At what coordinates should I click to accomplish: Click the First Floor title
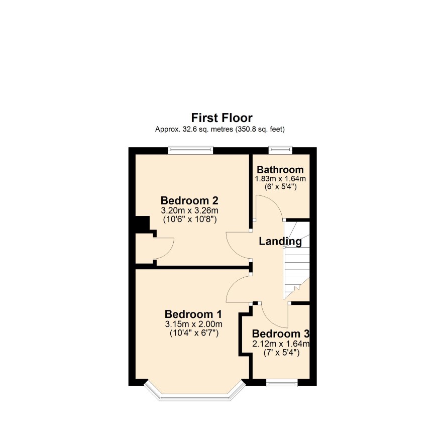click(x=221, y=118)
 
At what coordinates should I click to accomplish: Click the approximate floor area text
click(x=220, y=130)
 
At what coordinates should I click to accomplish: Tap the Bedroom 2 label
click(x=189, y=200)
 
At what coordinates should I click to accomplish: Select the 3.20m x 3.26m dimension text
click(x=189, y=210)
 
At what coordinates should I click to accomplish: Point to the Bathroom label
click(x=280, y=170)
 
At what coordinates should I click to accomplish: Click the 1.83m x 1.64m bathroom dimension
click(x=280, y=179)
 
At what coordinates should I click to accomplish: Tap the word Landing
click(x=280, y=242)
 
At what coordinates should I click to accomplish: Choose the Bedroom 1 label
click(x=193, y=314)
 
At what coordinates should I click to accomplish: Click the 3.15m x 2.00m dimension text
click(x=193, y=324)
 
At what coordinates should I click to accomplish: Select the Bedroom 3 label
click(x=280, y=333)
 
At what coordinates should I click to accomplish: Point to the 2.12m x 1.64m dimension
click(x=281, y=344)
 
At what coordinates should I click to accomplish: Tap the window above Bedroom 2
click(x=190, y=150)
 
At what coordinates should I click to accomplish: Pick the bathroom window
click(x=280, y=150)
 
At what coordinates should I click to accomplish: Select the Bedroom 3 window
click(x=282, y=383)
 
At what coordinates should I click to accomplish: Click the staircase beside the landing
click(x=296, y=260)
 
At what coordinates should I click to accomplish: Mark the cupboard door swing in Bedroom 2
click(x=163, y=248)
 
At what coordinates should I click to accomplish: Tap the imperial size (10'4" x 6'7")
click(x=194, y=333)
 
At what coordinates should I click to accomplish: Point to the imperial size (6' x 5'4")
click(x=280, y=187)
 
